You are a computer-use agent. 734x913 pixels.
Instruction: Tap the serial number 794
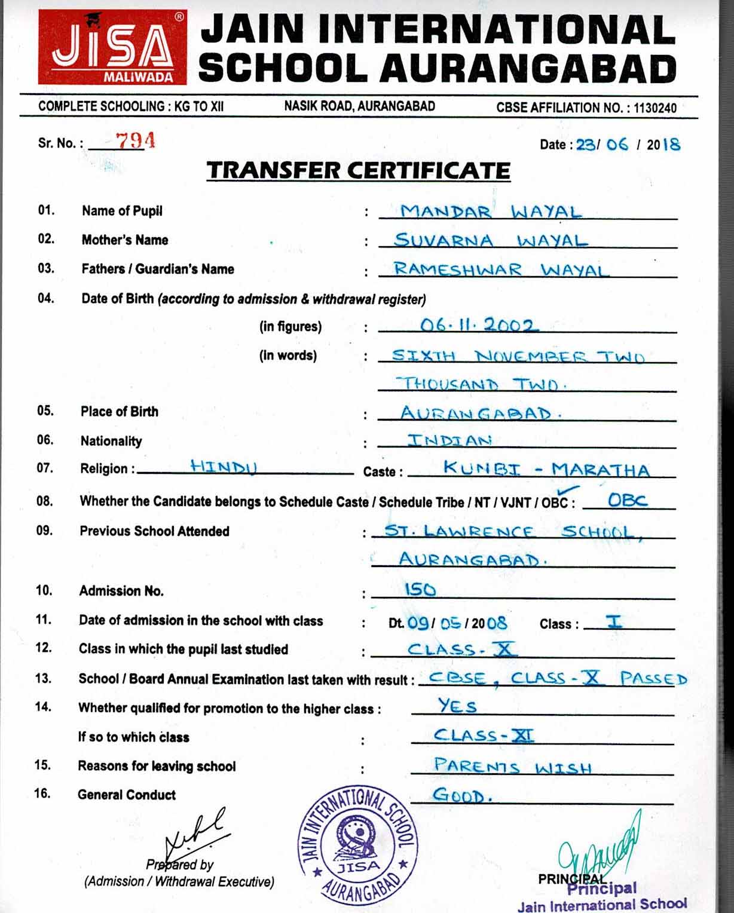(x=136, y=141)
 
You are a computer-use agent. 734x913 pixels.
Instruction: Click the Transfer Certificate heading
(x=358, y=170)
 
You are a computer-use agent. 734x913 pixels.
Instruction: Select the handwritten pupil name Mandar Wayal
(x=490, y=212)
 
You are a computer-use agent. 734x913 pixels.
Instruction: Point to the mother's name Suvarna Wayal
(x=491, y=240)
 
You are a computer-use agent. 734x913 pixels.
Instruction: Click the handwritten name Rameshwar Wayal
(x=500, y=269)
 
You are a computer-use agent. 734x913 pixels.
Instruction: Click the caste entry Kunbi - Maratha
(x=546, y=469)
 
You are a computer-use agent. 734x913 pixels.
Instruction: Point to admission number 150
(x=420, y=590)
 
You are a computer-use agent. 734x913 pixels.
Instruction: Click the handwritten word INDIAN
(x=449, y=440)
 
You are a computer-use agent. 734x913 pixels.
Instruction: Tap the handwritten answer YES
(x=457, y=706)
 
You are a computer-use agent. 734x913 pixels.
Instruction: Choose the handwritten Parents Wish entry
(x=512, y=765)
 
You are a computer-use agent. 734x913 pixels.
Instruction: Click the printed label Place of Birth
(x=120, y=412)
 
